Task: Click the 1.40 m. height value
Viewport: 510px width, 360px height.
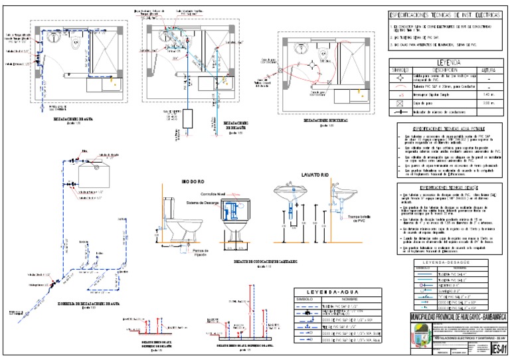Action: click(x=488, y=96)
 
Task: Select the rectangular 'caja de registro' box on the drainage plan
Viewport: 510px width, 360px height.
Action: click(x=189, y=120)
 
